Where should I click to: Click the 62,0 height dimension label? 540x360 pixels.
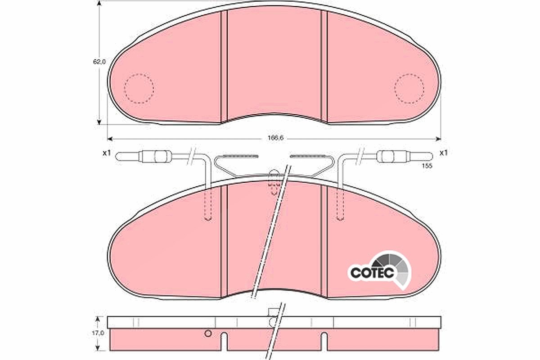99,62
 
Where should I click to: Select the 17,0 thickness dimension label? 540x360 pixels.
98,333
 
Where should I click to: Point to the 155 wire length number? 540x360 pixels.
427,166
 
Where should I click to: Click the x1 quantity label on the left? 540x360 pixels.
106,153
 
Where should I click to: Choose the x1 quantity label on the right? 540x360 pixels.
444,153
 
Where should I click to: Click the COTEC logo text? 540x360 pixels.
372,273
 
